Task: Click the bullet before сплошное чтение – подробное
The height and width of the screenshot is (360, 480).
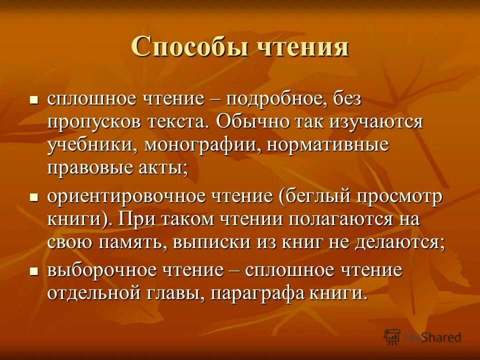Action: coord(34,100)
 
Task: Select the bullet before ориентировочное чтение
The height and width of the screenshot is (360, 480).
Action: coord(34,197)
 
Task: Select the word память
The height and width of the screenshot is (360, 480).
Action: coord(132,242)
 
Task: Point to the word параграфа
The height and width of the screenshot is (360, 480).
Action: coord(253,293)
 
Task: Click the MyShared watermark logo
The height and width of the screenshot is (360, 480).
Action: coord(422,337)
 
